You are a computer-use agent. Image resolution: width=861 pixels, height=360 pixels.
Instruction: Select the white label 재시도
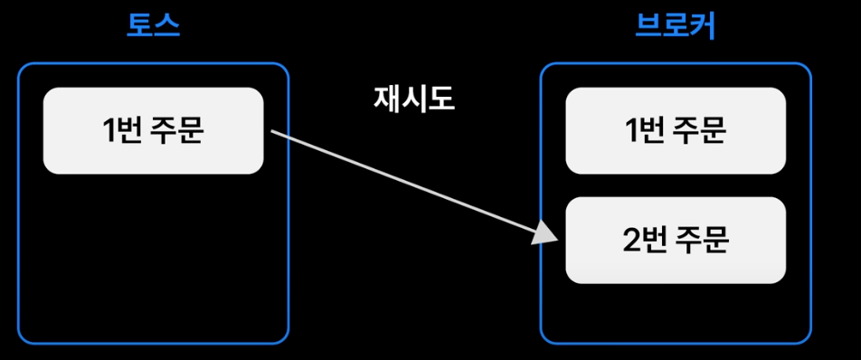click(414, 99)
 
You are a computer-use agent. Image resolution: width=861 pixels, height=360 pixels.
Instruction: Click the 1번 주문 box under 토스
click(153, 130)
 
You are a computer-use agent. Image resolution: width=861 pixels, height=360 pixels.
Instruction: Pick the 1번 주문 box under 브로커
click(676, 130)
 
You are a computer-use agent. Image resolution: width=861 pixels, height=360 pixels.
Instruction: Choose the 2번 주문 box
click(676, 240)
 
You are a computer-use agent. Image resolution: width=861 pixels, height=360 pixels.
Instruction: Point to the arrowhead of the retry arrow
click(546, 233)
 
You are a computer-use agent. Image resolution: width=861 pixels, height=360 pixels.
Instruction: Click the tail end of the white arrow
click(272, 131)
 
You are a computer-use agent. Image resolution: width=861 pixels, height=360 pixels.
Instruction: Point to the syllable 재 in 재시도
click(386, 99)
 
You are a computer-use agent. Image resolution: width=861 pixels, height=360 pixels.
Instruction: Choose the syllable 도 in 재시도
click(441, 99)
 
